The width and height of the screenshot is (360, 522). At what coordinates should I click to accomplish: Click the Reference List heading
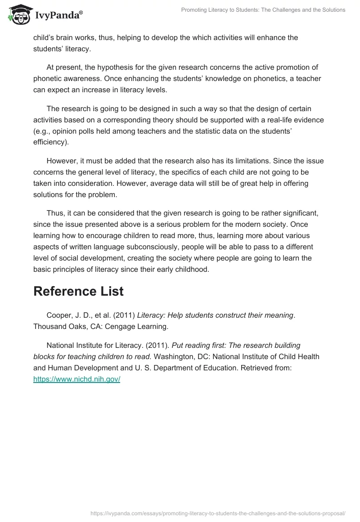click(78, 291)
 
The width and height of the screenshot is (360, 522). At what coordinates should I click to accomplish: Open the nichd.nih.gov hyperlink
click(77, 379)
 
